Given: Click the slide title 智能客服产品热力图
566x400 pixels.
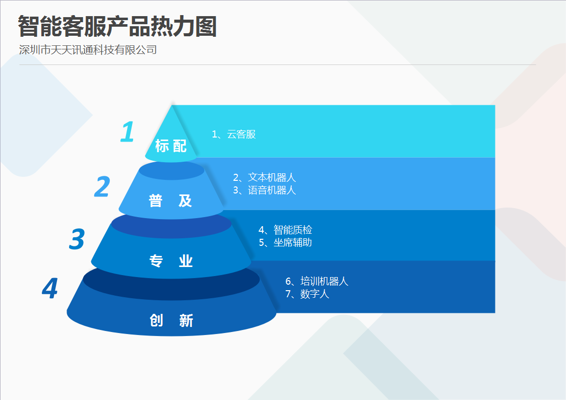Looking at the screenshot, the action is pyautogui.click(x=117, y=26).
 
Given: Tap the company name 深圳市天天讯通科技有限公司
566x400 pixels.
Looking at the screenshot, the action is pyautogui.click(x=88, y=50).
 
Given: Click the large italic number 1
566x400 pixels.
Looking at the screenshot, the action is pyautogui.click(x=128, y=131).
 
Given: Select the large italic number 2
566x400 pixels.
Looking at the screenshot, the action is pyautogui.click(x=102, y=186).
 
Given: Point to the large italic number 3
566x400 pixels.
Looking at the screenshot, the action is pyautogui.click(x=77, y=239).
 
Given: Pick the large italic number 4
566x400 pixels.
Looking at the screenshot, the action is pyautogui.click(x=50, y=288).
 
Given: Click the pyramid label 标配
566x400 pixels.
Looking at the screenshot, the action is pyautogui.click(x=171, y=146).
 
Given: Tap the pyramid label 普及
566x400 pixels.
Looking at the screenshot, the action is pyautogui.click(x=170, y=201).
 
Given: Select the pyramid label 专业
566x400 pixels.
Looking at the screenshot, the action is pyautogui.click(x=171, y=261).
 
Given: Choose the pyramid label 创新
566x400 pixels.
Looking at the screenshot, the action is pyautogui.click(x=171, y=320).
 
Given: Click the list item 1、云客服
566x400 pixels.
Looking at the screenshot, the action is pyautogui.click(x=234, y=134).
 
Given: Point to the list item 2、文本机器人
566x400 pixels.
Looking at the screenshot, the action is pyautogui.click(x=265, y=177).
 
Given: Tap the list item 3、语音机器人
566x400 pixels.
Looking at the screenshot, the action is pyautogui.click(x=265, y=190).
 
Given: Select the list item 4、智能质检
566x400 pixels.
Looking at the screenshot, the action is pyautogui.click(x=285, y=230).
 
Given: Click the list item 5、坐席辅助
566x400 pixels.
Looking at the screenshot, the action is pyautogui.click(x=285, y=242).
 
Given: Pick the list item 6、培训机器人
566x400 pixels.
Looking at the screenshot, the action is pyautogui.click(x=317, y=281).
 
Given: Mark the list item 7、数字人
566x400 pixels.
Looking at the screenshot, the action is pyautogui.click(x=307, y=294).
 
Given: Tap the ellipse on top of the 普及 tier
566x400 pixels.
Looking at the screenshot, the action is pyautogui.click(x=171, y=170).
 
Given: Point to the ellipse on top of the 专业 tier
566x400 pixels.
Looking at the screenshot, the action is pyautogui.click(x=171, y=224).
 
